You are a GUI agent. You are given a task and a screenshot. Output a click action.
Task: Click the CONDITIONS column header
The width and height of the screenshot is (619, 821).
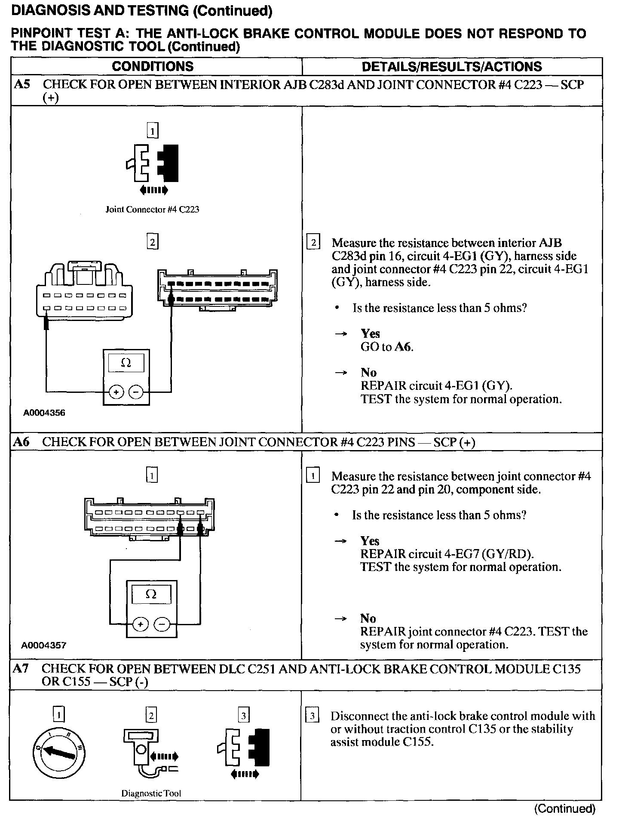pos(153,66)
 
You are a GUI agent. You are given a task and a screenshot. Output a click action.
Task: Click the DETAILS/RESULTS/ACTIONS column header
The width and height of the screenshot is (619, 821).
pos(452,66)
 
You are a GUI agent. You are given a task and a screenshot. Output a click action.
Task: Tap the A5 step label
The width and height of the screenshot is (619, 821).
pos(22,84)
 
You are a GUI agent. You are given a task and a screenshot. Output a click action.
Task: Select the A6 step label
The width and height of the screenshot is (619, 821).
pos(22,442)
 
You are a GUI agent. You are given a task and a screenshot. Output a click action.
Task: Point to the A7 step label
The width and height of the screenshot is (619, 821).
pos(21,669)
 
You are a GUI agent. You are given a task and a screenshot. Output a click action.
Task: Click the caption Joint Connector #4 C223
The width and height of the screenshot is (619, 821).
pos(152,210)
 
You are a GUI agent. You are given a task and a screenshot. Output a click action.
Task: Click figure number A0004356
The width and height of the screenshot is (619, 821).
pos(44,413)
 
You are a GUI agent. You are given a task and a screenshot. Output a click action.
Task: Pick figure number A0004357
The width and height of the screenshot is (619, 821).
pos(44,645)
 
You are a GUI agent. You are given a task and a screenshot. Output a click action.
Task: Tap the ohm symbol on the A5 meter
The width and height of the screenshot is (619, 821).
pos(126,364)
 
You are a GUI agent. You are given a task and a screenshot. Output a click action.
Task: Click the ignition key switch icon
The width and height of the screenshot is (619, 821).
pos(59,752)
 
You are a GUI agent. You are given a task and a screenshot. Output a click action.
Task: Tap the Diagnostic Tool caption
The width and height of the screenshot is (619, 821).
pos(151,793)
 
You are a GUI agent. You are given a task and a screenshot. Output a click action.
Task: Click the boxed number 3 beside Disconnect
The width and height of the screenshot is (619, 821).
pos(313,716)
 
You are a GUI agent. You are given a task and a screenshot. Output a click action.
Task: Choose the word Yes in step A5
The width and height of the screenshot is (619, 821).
pos(370,333)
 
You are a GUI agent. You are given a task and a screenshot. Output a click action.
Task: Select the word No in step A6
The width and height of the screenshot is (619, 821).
pos(368,618)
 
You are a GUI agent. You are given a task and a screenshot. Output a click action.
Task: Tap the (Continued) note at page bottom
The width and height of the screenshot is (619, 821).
pos(564,809)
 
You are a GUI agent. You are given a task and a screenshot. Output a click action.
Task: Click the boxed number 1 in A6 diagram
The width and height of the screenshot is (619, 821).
pos(152,475)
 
